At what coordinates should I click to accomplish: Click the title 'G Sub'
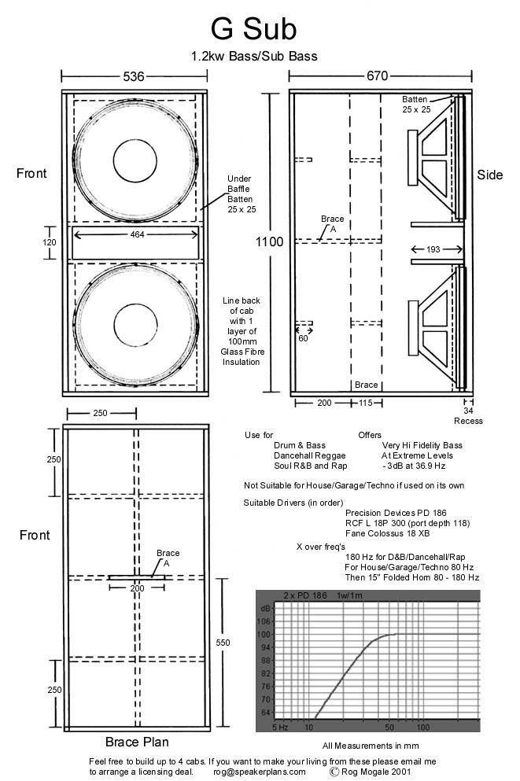click(x=253, y=29)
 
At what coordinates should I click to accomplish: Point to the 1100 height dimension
click(x=270, y=242)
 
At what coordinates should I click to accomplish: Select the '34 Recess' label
click(x=468, y=415)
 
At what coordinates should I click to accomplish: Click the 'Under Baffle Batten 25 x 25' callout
click(x=239, y=193)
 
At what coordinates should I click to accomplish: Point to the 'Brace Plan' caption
click(x=137, y=741)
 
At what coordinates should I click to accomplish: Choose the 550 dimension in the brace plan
click(x=223, y=643)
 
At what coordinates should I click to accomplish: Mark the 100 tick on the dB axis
click(x=264, y=634)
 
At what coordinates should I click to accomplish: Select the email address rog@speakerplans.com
click(x=259, y=772)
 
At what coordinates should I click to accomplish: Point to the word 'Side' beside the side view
click(x=489, y=175)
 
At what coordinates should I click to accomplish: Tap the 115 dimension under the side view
click(x=365, y=402)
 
